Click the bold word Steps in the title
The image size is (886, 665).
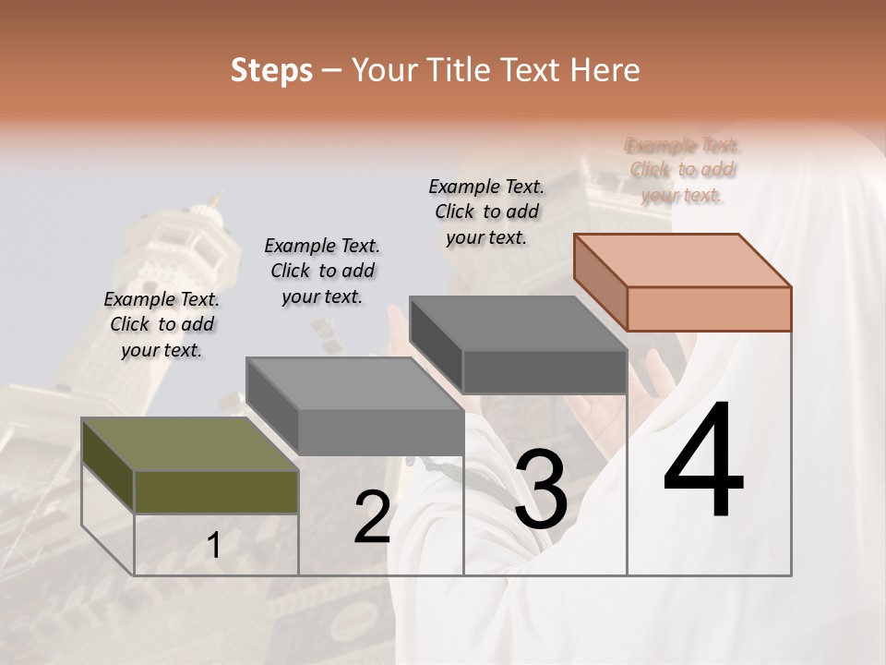click(271, 70)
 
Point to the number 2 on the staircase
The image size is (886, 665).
click(372, 517)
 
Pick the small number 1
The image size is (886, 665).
click(214, 546)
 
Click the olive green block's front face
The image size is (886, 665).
click(216, 491)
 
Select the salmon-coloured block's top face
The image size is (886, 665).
click(681, 260)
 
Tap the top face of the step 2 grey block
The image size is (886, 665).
click(354, 382)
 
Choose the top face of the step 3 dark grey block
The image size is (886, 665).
click(517, 323)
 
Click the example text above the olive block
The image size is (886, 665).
click(162, 324)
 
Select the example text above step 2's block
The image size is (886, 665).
click(322, 271)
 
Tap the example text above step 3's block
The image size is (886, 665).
click(486, 212)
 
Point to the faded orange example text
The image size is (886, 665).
click(682, 170)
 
